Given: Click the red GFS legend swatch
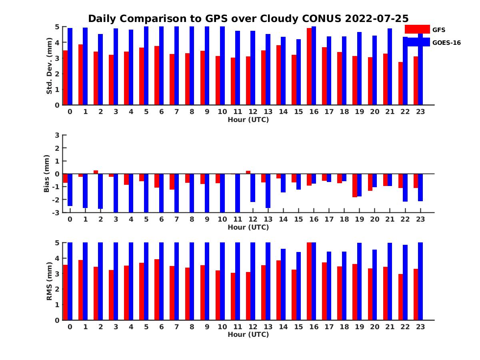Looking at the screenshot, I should pos(417,29).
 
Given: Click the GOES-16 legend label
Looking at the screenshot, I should pos(446,43).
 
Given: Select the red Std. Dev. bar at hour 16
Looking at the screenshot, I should pos(309,66).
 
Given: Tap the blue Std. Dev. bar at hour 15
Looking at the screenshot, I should pos(298,72).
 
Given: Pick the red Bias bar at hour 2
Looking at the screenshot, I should pos(96,172).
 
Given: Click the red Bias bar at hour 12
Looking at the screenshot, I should pos(248,172).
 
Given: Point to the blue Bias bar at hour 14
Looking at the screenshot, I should pos(283,183).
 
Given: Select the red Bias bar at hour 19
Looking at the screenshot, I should pos(355,185).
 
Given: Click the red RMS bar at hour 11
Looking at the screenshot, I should pos(233,296).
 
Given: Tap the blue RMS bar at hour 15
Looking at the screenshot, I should pos(298,286).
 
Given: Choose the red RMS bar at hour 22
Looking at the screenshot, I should pos(400,297).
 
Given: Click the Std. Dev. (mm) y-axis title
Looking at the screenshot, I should pos(50,66).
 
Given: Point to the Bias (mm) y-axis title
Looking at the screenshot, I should pos(47,174).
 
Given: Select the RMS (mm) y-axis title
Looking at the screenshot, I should pos(50,281).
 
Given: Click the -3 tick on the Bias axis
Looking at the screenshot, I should pos(56,212).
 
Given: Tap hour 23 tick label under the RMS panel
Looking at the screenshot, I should pos(420,326).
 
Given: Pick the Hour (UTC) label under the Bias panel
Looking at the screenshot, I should pos(248,227).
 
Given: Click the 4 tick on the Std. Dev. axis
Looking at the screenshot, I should pos(57,42).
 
